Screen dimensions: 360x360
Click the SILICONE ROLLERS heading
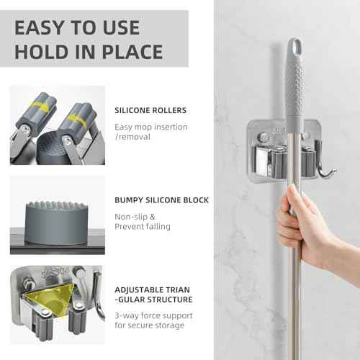point(151,111)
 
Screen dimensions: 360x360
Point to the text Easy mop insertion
point(151,127)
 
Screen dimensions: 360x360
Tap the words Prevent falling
point(143,226)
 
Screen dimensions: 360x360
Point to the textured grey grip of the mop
point(294,94)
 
